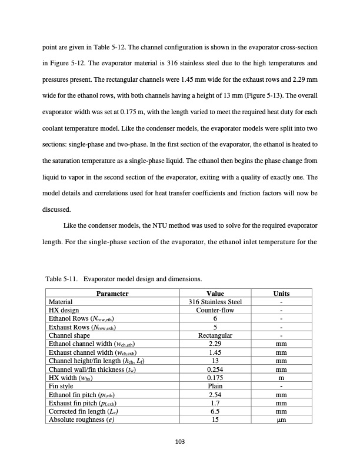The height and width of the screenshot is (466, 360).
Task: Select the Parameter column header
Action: point(112,294)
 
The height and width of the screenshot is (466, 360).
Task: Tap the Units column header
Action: point(281,294)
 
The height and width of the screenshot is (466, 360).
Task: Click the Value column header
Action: point(215,294)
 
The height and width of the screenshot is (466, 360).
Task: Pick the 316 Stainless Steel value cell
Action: point(215,302)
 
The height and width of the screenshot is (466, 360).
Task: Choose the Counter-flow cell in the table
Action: point(215,310)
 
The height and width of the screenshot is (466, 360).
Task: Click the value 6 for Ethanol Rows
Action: point(215,318)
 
